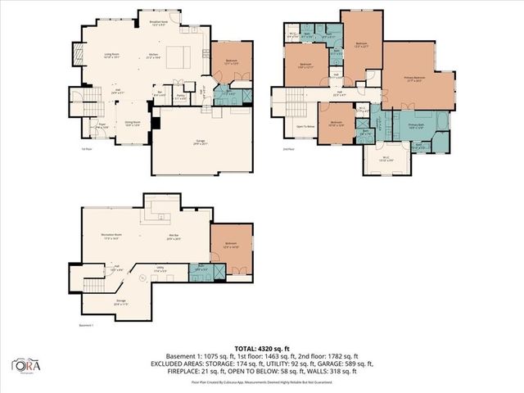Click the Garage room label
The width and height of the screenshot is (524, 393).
[200, 142]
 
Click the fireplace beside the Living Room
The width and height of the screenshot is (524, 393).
[79, 56]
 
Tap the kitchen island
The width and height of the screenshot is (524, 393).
[179, 57]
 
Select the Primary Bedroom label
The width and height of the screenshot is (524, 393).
[418, 79]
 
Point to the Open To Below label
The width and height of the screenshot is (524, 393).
[305, 126]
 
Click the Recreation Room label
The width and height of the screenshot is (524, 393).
[111, 237]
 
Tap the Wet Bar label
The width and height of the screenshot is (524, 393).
[173, 237]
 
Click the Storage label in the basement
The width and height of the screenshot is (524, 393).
[120, 302]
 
